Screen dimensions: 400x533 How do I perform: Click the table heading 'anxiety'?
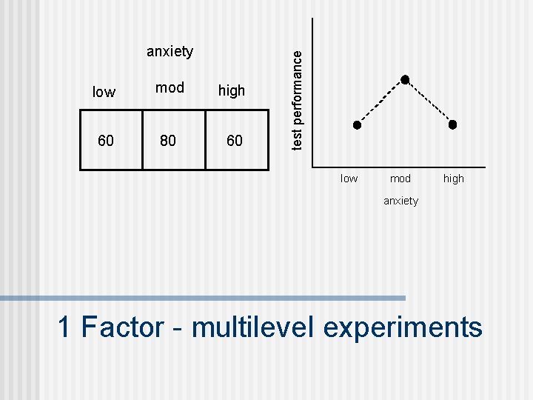click(x=170, y=51)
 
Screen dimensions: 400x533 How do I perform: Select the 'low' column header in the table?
click(x=104, y=92)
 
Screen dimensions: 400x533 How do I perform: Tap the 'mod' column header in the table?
click(x=170, y=88)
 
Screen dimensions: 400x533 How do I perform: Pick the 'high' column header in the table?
click(x=232, y=91)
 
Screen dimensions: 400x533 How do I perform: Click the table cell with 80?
click(x=168, y=141)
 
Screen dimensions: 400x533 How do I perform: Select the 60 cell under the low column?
click(x=106, y=141)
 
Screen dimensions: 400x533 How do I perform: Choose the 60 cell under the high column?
click(x=234, y=141)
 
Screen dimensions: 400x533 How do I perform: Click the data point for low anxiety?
click(x=356, y=125)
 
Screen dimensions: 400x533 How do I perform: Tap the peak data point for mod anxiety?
click(x=405, y=79)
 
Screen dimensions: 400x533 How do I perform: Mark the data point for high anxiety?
click(x=453, y=124)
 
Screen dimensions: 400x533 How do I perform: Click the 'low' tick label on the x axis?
click(x=349, y=179)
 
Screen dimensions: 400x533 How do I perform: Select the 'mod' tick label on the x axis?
click(x=400, y=179)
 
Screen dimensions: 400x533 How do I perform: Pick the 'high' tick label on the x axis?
click(x=453, y=179)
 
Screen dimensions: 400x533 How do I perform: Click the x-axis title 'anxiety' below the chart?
click(x=400, y=201)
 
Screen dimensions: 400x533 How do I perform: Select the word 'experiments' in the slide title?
click(x=403, y=327)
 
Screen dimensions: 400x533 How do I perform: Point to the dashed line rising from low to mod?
click(x=381, y=102)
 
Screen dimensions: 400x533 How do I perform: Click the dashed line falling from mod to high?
click(x=429, y=102)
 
